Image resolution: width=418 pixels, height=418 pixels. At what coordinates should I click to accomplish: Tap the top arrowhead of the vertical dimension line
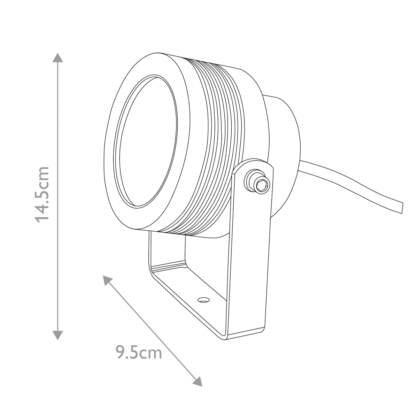tap(57, 58)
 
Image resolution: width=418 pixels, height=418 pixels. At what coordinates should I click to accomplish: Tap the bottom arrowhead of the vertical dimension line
tap(57, 335)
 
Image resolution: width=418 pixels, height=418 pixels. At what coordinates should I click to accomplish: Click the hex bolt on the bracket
tap(259, 183)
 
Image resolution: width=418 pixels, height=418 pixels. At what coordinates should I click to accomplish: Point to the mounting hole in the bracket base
tap(202, 299)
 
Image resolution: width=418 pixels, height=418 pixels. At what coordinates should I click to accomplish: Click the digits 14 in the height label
tap(42, 212)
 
